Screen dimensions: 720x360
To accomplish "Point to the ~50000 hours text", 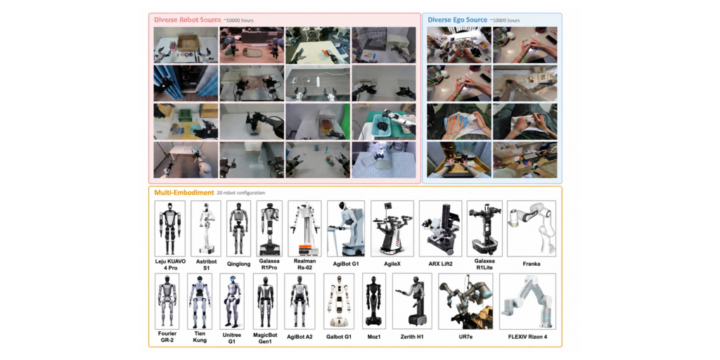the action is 238,20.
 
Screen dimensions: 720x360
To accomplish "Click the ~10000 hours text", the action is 505,20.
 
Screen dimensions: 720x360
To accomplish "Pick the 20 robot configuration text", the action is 241,193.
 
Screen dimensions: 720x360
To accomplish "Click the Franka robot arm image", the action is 532,229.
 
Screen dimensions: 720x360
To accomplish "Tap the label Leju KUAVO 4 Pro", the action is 170,264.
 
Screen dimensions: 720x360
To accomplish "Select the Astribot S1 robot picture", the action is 206,229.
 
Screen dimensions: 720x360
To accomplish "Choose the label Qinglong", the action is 238,264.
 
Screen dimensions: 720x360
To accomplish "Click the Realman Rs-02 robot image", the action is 304,229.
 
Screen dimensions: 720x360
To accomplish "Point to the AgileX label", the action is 392,264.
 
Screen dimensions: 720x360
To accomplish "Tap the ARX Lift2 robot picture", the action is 440,229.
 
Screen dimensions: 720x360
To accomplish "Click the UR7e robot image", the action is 465,301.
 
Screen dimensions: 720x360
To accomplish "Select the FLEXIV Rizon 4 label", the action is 527,337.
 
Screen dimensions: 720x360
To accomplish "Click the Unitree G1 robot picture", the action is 231,301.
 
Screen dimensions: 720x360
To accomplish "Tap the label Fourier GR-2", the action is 167,337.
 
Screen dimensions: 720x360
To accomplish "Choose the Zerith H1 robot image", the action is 412,301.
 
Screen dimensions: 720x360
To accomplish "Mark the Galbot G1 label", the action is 338,337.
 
